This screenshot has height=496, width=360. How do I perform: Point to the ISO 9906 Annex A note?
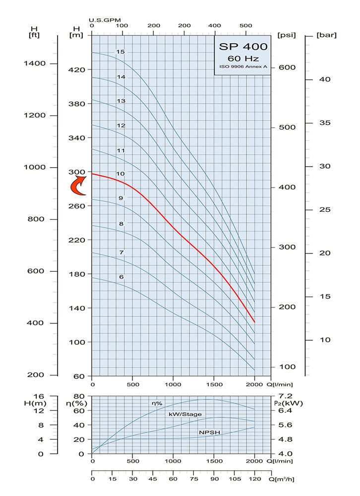[x=243, y=66]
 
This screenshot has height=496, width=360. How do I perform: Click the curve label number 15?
[x=120, y=52]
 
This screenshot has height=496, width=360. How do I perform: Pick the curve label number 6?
[x=121, y=277]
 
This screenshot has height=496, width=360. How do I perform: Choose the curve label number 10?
[x=120, y=174]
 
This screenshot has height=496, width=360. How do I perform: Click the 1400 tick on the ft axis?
[x=36, y=63]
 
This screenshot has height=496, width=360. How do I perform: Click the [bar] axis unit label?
[x=327, y=35]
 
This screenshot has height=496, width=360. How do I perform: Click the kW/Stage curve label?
[x=185, y=414]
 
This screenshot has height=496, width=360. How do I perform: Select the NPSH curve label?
[x=209, y=433]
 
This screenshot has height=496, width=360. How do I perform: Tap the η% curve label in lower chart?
[x=157, y=403]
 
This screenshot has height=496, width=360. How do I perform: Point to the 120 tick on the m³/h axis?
[x=254, y=480]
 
